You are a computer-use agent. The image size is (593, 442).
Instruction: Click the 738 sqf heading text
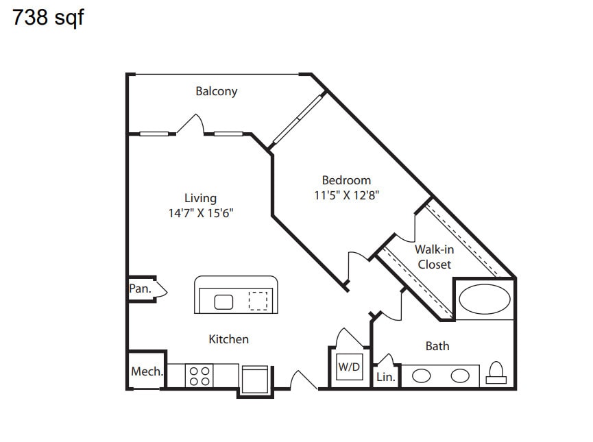click(x=48, y=17)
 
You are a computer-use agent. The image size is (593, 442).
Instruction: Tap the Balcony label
click(x=217, y=91)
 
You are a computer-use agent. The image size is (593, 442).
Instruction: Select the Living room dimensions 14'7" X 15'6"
click(x=201, y=213)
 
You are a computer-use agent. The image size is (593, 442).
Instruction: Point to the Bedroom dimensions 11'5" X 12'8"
click(x=346, y=195)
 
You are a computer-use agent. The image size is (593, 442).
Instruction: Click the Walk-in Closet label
click(x=434, y=257)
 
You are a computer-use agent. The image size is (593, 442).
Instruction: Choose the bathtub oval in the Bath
click(x=485, y=299)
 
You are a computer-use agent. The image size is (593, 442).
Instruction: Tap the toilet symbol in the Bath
click(x=496, y=373)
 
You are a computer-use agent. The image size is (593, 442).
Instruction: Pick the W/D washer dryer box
click(x=350, y=367)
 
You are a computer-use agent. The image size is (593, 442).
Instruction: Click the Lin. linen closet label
click(x=386, y=377)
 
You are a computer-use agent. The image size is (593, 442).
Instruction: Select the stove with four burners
click(x=199, y=376)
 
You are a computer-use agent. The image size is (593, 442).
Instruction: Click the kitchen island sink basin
click(x=223, y=302)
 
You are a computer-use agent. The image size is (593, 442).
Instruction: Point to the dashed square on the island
click(x=258, y=301)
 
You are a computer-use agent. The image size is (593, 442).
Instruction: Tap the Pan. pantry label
click(x=140, y=289)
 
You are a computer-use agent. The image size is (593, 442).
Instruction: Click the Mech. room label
click(x=147, y=371)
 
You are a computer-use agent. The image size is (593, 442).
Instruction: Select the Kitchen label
click(x=228, y=339)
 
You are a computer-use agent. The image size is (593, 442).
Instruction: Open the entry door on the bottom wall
click(x=304, y=380)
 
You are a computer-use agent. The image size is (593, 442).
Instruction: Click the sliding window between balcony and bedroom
click(x=299, y=119)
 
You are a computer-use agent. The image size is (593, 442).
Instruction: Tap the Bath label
click(x=437, y=346)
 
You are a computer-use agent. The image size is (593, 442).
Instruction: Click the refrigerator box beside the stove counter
click(x=255, y=380)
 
